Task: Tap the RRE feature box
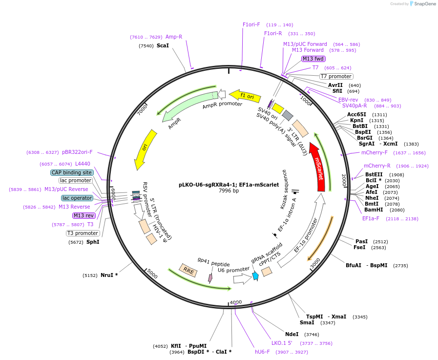pos(188,270)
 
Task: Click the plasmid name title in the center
pos(229,185)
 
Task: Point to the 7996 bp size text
pos(229,191)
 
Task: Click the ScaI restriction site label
pos(163,45)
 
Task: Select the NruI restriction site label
pos(109,275)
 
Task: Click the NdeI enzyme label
pos(292,334)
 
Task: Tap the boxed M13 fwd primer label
pos(313,59)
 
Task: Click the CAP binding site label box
pos(71,172)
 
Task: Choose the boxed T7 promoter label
pos(336,76)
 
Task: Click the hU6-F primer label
pos(262,351)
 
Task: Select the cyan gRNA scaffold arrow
pos(255,276)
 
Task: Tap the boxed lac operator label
pos(77,198)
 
